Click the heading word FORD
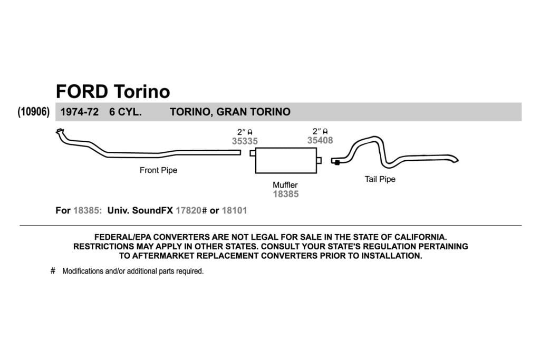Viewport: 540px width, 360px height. (x=82, y=92)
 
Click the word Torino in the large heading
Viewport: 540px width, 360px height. (x=141, y=92)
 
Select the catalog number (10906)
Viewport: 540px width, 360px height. (x=33, y=112)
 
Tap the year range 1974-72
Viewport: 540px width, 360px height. (x=80, y=112)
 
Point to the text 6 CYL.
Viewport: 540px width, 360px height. (x=126, y=112)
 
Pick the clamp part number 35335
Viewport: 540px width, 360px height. (x=245, y=141)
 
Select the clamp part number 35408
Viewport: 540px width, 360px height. (x=320, y=140)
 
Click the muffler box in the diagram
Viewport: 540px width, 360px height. (x=286, y=161)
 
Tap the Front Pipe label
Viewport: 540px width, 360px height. (x=158, y=170)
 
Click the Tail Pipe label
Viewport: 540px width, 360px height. (x=380, y=179)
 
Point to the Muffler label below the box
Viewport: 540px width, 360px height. (x=285, y=185)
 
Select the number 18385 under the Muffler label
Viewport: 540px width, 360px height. (x=285, y=194)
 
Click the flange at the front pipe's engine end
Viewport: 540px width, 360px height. (x=60, y=131)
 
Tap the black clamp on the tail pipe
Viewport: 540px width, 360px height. (x=337, y=162)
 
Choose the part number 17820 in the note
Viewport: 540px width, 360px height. (x=188, y=210)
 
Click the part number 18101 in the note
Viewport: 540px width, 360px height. (x=234, y=210)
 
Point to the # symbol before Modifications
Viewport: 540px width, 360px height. (x=53, y=271)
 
